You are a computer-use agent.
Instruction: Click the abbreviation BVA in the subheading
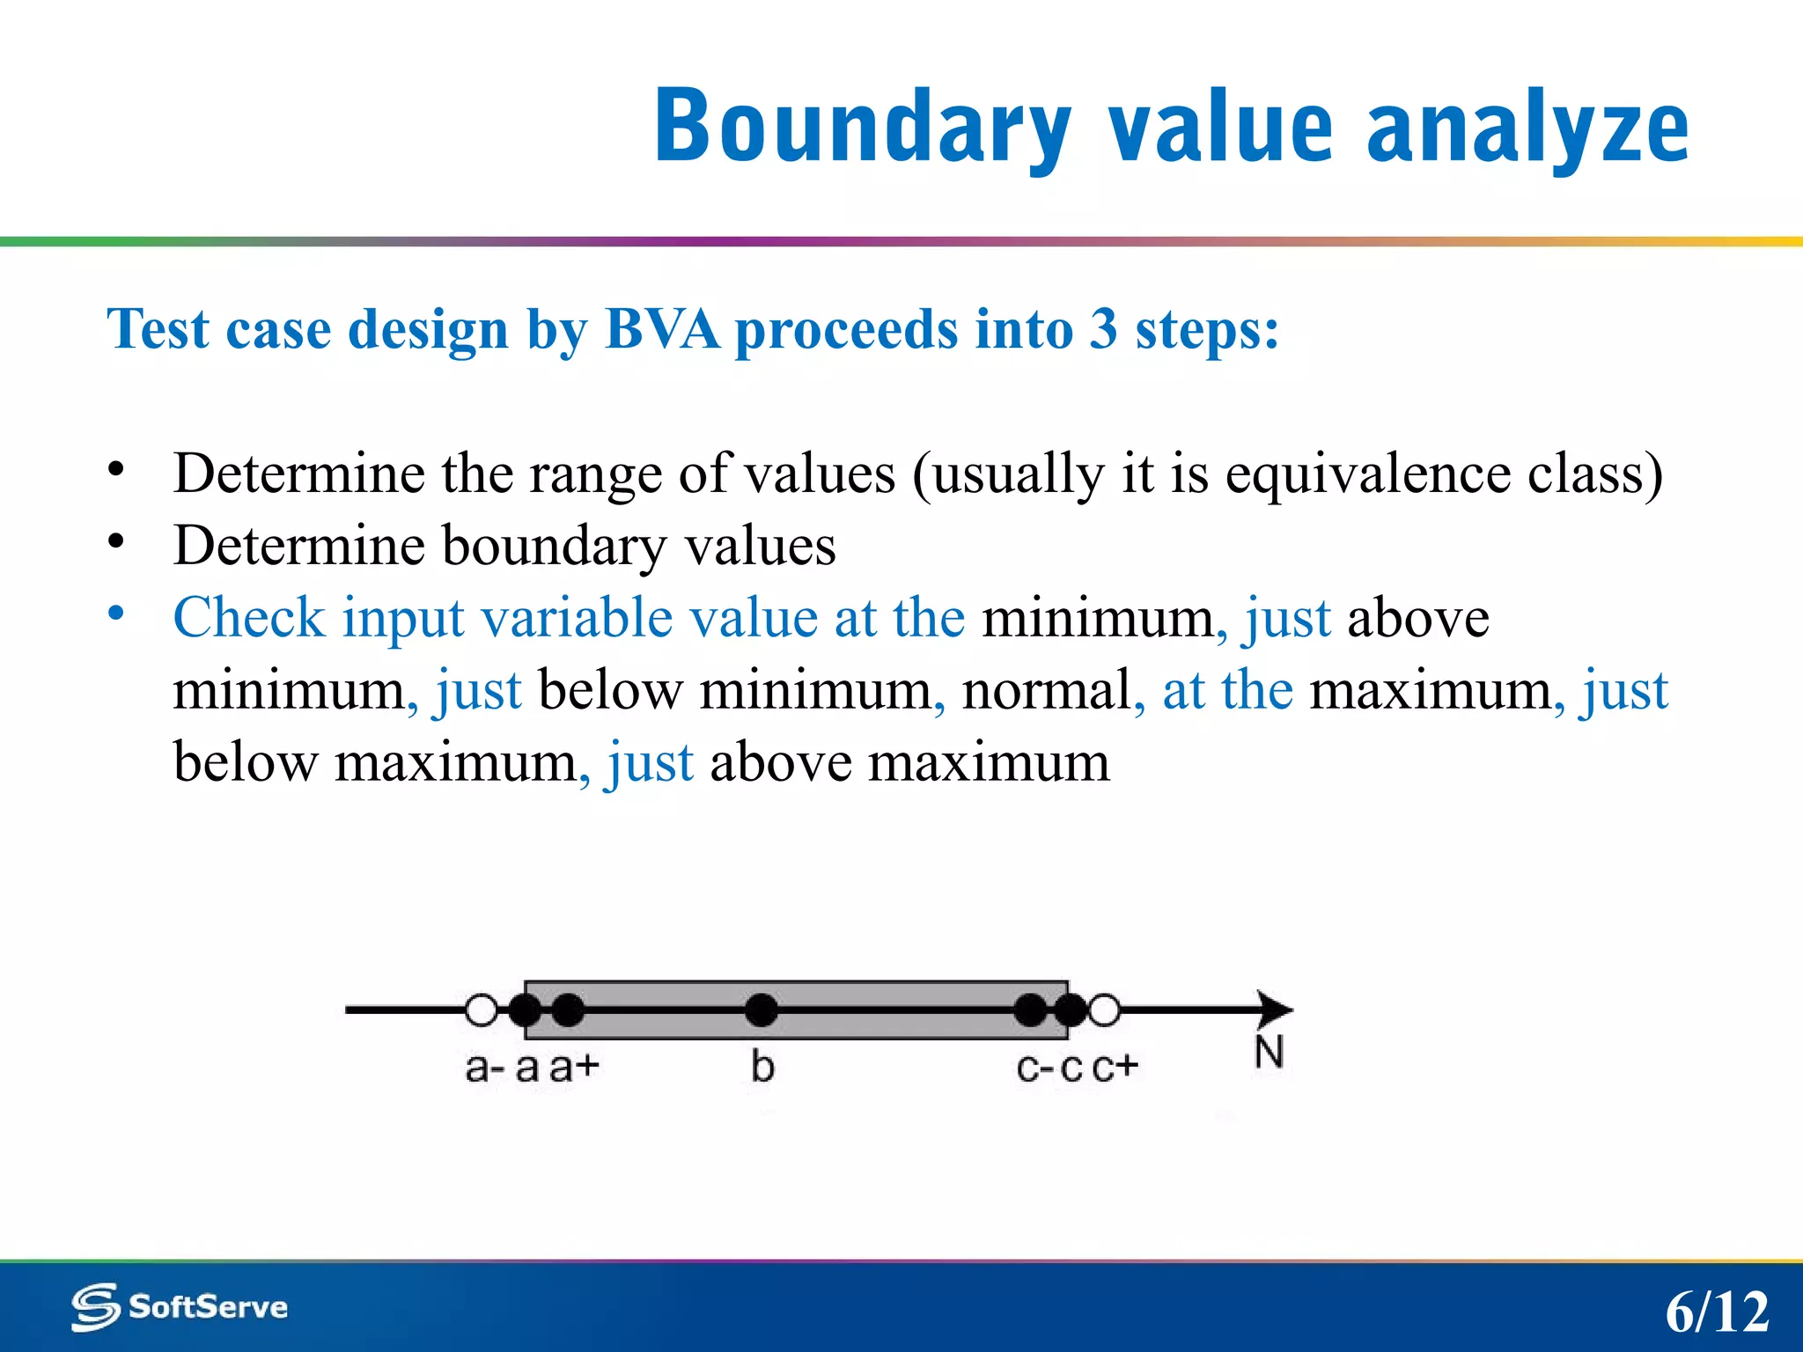point(662,329)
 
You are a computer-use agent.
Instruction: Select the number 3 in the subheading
point(1104,329)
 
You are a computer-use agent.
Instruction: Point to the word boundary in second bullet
point(554,546)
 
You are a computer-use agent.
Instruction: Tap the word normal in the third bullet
point(1046,690)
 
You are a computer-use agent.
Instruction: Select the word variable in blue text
point(577,617)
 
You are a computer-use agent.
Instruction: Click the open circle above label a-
point(482,1010)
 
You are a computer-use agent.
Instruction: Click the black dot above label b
point(762,1010)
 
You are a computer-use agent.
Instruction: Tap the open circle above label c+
point(1104,1010)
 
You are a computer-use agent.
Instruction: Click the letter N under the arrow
point(1269,1052)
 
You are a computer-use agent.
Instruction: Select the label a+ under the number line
point(574,1068)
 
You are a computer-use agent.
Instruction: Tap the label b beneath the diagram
point(762,1066)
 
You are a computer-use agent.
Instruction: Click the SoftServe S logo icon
point(95,1307)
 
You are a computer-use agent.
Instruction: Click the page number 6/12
point(1716,1312)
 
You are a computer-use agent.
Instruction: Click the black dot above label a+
point(568,1010)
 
